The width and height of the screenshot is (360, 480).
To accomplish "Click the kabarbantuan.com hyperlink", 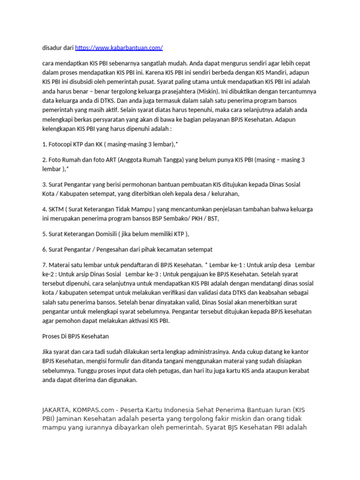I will [119, 48].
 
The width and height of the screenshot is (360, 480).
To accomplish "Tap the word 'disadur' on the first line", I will [52, 48].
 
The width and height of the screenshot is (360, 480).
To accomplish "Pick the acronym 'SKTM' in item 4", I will [57, 209].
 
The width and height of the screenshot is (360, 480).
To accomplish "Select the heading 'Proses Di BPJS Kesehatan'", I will [75, 336].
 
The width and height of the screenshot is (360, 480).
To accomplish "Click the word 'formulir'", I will [110, 361].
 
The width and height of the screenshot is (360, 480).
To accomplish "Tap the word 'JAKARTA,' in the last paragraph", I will [58, 410].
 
